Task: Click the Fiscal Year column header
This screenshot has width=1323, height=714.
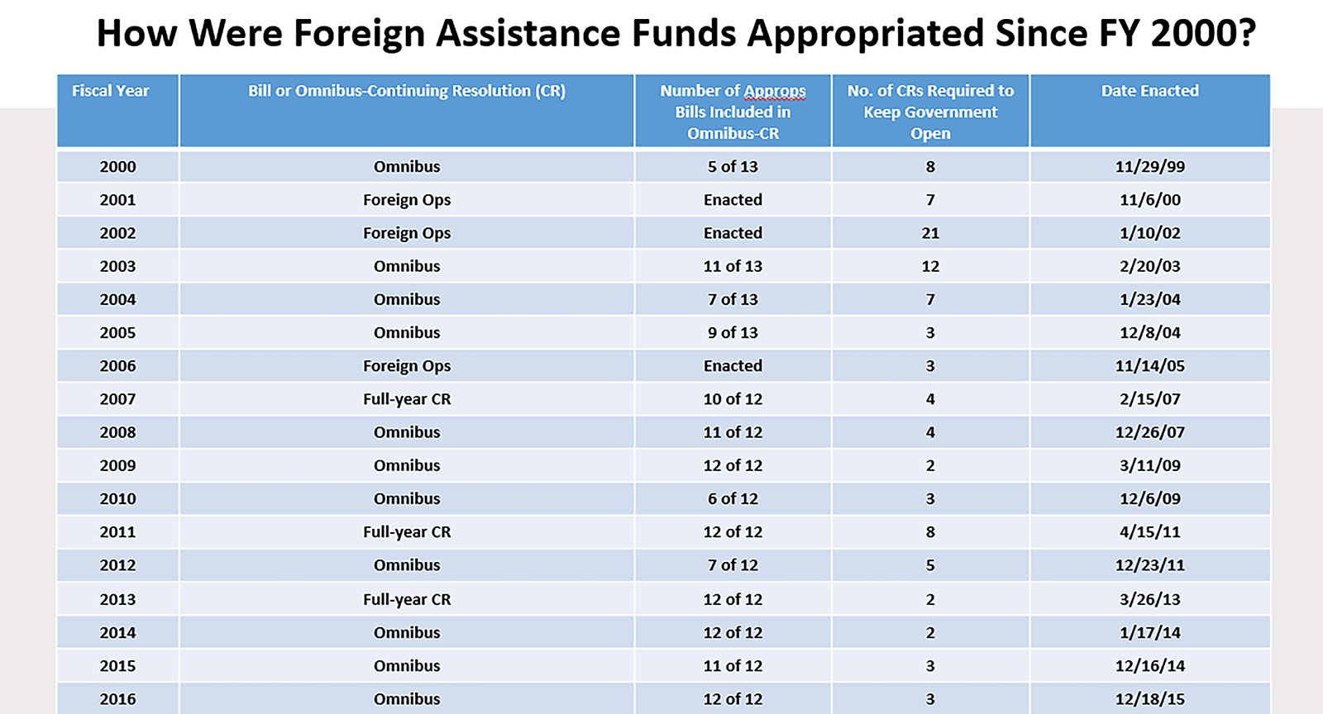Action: coord(110,91)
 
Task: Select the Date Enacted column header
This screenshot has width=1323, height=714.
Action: coord(1149,91)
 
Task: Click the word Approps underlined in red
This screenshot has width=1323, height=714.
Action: coord(774,91)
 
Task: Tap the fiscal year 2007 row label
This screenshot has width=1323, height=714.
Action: coord(117,399)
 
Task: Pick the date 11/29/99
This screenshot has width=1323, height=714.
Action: coord(1149,167)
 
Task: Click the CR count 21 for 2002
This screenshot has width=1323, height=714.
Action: coord(930,233)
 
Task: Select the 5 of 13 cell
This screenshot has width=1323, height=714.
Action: coord(733,167)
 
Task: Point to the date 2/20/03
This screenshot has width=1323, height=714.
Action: coord(1149,266)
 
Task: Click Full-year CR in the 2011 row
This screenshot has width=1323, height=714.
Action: coord(407,532)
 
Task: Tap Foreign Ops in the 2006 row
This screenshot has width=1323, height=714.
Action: coord(407,366)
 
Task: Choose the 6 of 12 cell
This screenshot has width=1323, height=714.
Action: coord(733,499)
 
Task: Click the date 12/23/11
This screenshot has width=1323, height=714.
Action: coord(1149,565)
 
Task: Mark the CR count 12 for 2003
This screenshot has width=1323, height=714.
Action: coord(930,266)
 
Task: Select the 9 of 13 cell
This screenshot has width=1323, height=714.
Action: coord(733,333)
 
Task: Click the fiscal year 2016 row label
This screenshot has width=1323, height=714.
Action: coord(117,699)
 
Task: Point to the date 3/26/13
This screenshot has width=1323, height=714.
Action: coord(1149,599)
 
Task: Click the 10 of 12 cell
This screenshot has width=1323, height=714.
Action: coord(733,399)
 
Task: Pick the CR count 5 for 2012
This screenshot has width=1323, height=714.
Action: coord(930,565)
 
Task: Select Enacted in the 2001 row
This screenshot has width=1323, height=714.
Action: coord(733,200)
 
